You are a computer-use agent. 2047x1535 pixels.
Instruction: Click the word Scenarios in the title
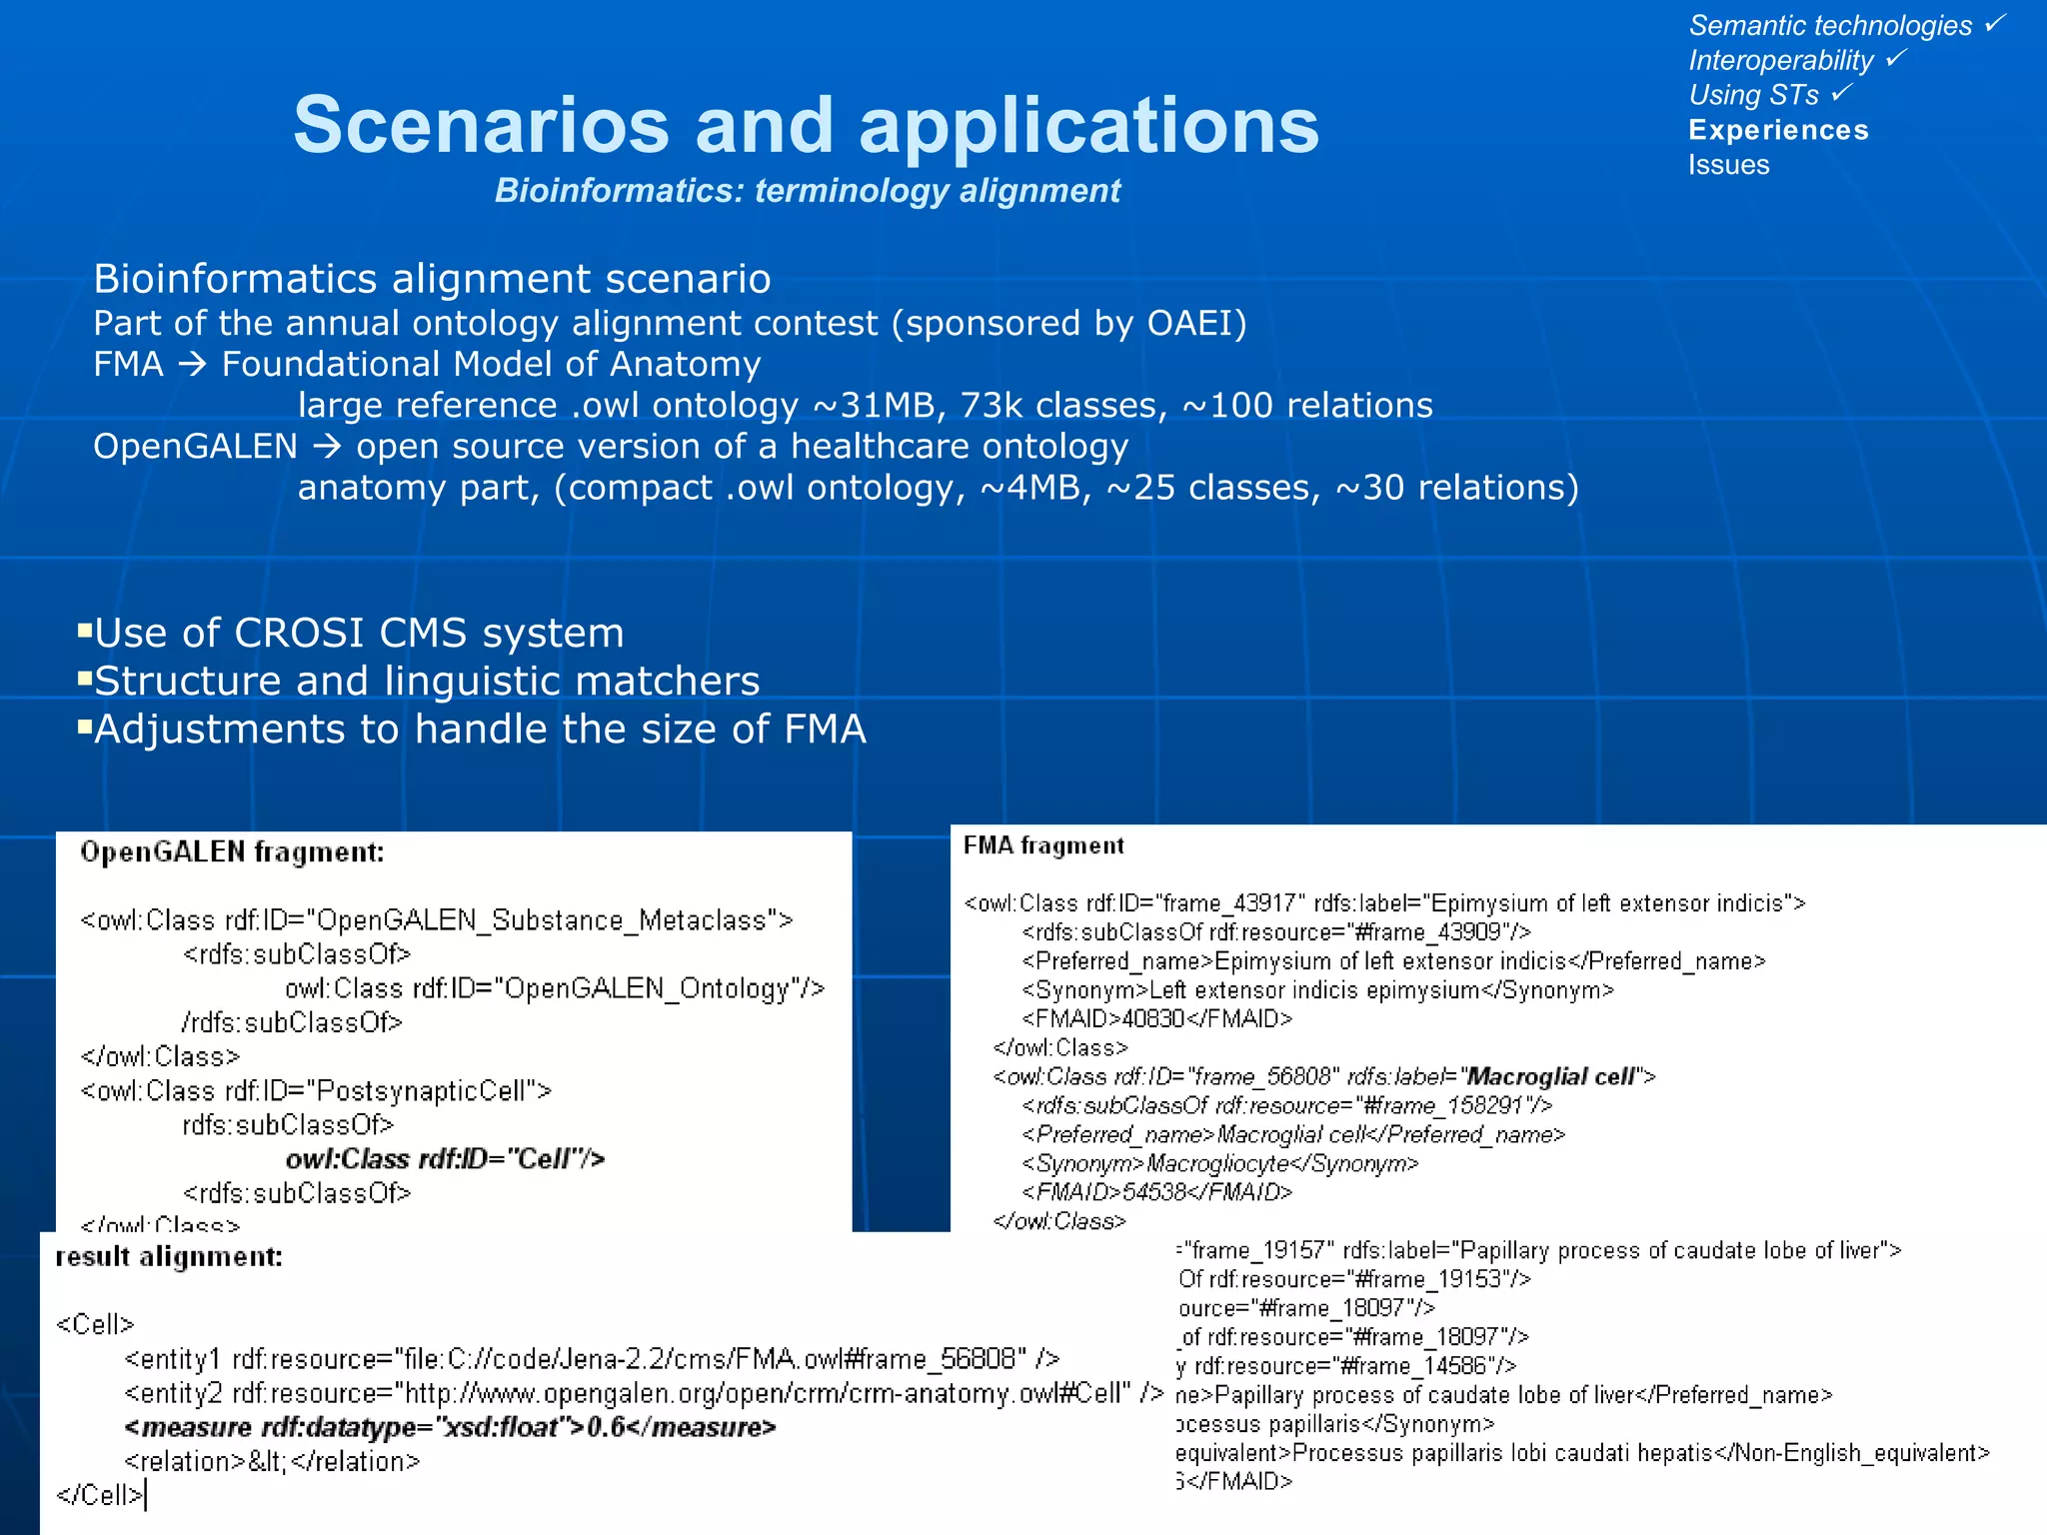480,126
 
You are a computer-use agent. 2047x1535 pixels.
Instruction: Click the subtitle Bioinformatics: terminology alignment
808,190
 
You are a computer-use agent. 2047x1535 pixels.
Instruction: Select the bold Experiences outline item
1778,130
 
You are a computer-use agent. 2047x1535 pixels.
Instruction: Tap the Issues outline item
1728,165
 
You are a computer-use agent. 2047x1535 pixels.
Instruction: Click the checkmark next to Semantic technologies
1995,22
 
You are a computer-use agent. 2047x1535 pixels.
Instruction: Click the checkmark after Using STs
1842,92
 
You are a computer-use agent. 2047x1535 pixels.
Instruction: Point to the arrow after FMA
192,365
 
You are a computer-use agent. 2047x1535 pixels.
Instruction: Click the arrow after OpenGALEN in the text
327,447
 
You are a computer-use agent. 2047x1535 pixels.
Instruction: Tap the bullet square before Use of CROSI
85,631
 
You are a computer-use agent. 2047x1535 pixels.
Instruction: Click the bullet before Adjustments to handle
85,727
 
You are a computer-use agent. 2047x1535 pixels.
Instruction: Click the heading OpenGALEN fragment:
232,852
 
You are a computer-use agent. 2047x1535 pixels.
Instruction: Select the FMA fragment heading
1043,846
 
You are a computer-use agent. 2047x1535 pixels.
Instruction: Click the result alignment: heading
169,1257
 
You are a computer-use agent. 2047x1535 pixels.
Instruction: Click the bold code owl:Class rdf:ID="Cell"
445,1159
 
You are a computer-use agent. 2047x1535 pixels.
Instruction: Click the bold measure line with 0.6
450,1427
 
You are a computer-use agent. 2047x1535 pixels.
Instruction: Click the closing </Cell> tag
99,1495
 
